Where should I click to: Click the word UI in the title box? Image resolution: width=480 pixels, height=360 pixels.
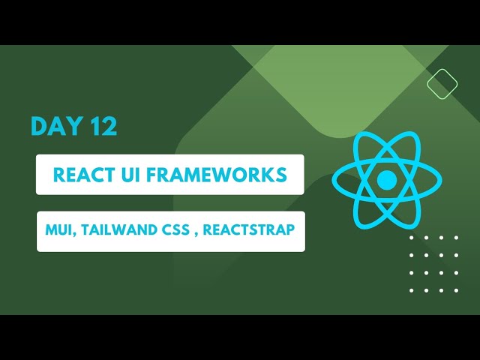click(x=133, y=175)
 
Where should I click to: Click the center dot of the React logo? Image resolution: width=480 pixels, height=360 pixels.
click(x=386, y=180)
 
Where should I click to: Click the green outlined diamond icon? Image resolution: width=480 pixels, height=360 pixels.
click(x=442, y=83)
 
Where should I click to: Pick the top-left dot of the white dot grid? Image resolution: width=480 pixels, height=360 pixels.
click(x=412, y=238)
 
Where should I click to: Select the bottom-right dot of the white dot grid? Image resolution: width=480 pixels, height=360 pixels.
click(x=457, y=290)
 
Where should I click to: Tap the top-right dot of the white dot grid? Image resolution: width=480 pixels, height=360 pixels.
click(x=457, y=238)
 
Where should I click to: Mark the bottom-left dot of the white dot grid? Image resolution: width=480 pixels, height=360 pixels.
click(x=412, y=290)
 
